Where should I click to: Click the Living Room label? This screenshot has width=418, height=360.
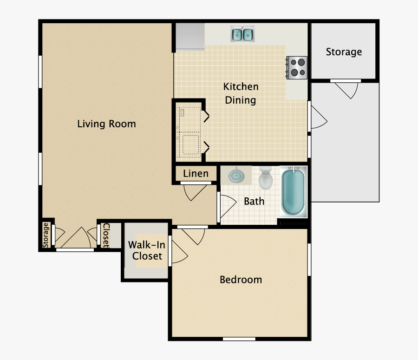[106, 124]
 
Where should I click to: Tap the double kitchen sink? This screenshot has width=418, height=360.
[242, 34]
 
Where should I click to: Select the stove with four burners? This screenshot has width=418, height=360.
[297, 66]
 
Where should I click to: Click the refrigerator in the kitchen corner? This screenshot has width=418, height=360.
[189, 36]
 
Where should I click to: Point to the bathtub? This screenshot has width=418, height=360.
[294, 192]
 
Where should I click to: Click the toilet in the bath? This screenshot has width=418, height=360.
[266, 178]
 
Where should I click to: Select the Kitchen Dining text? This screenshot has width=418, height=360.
[241, 93]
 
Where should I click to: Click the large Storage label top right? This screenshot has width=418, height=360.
[344, 52]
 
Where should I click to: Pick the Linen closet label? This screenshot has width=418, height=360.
[196, 174]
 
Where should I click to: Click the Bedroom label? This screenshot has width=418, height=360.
[241, 280]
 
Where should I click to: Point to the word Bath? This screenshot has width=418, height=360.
[254, 201]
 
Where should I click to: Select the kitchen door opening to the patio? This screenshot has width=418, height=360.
[318, 117]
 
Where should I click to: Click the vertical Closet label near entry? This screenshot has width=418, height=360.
[106, 235]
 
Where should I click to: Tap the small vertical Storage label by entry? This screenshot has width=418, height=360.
[46, 235]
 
